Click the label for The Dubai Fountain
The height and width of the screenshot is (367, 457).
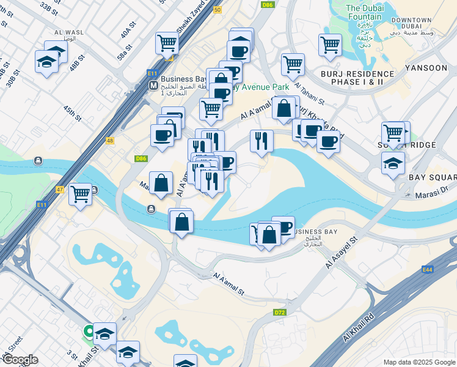click(x=365, y=12)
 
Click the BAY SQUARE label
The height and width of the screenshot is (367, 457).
click(x=433, y=177)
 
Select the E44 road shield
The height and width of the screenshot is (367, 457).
click(x=428, y=269)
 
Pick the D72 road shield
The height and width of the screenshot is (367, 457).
click(x=280, y=313)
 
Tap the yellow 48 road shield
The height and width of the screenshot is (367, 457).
click(x=110, y=141)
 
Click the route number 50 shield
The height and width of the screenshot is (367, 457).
click(x=217, y=10)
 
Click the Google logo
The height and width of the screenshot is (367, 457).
click(x=20, y=360)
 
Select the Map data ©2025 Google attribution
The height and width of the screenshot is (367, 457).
click(x=419, y=362)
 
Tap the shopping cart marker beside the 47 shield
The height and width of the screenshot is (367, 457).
click(x=80, y=194)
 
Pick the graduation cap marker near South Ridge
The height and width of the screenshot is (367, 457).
click(x=393, y=162)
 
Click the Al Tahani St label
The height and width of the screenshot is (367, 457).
click(x=309, y=94)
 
